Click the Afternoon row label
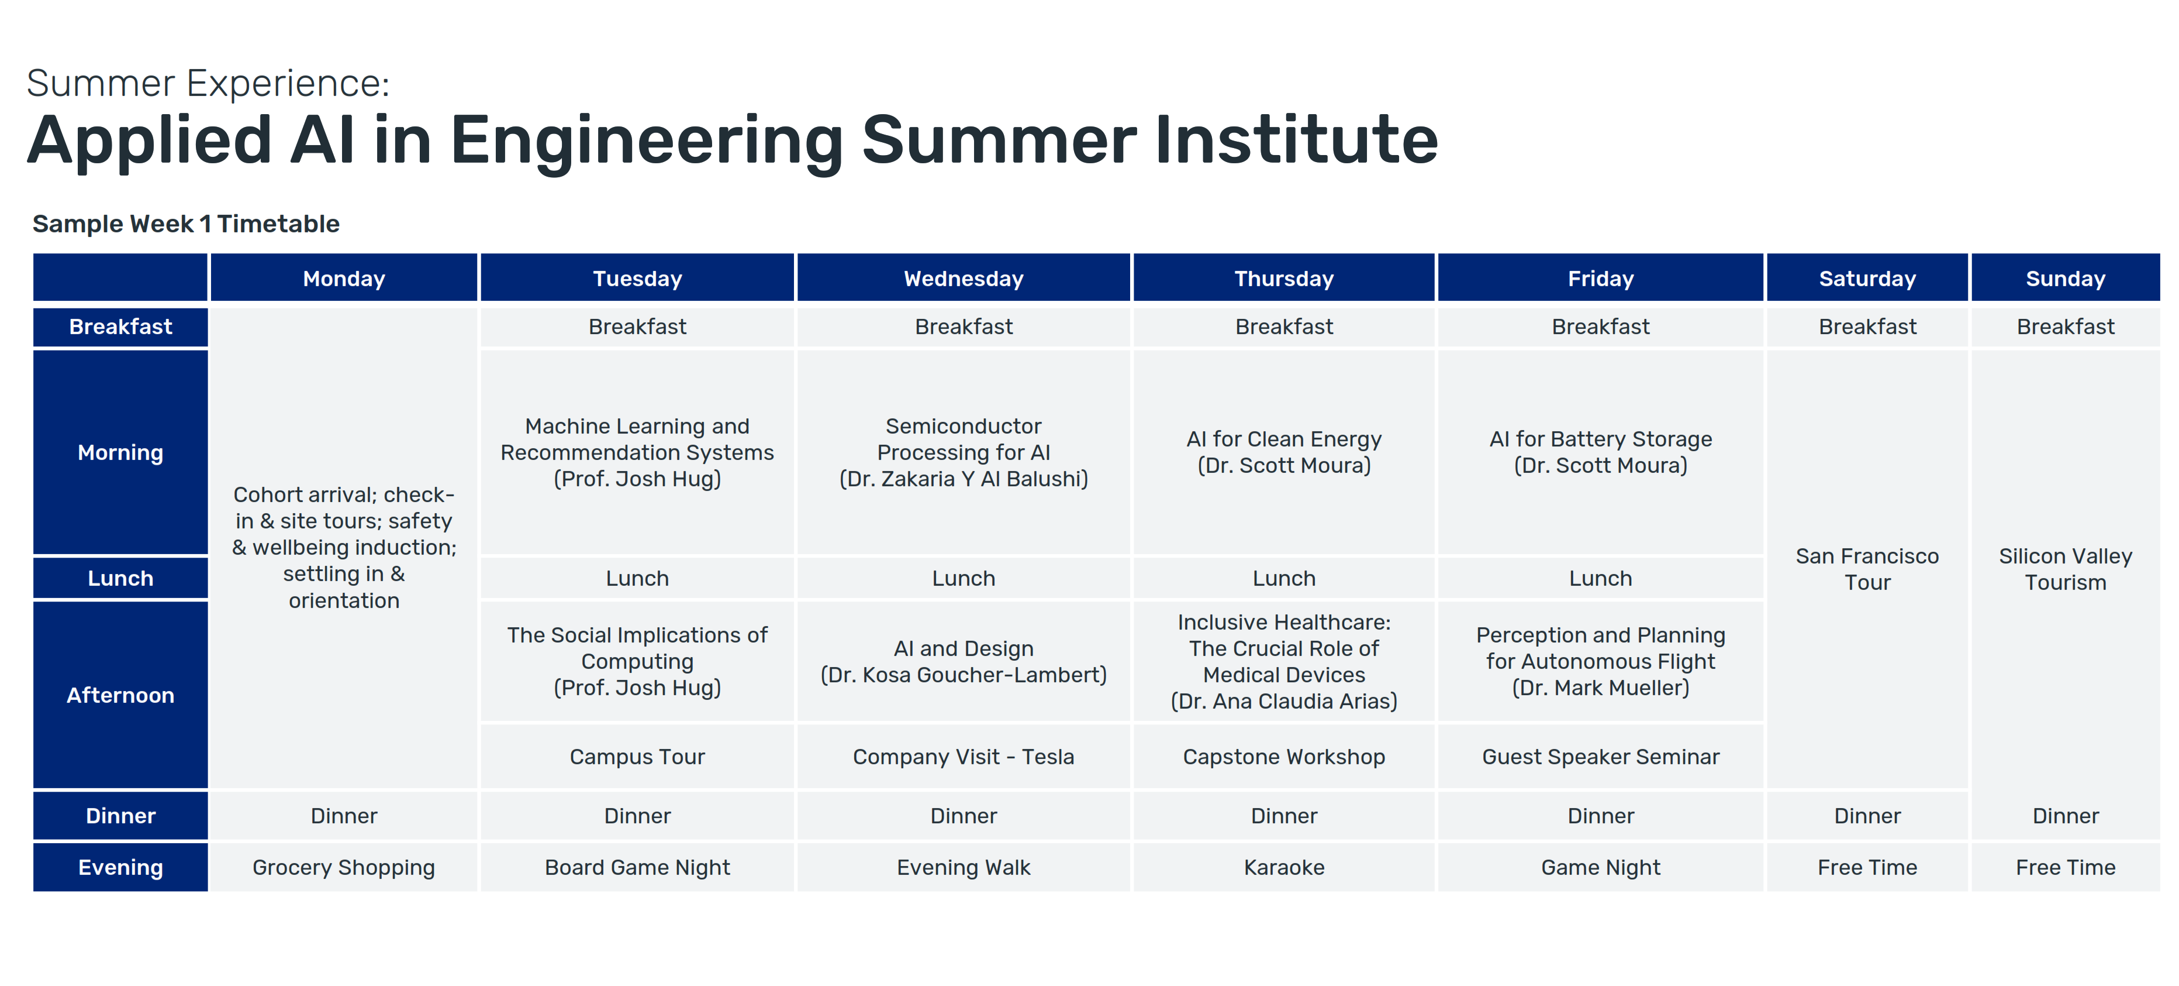click(x=120, y=695)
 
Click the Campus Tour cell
click(x=637, y=757)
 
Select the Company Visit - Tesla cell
click(x=964, y=757)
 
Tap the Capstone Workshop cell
click(x=1284, y=757)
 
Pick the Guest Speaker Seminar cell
click(x=1600, y=757)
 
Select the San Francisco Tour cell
click(x=1867, y=569)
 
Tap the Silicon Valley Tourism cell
click(x=2065, y=569)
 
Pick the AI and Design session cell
click(x=964, y=661)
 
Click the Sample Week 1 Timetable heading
click(x=186, y=224)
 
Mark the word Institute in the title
click(x=1296, y=140)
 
